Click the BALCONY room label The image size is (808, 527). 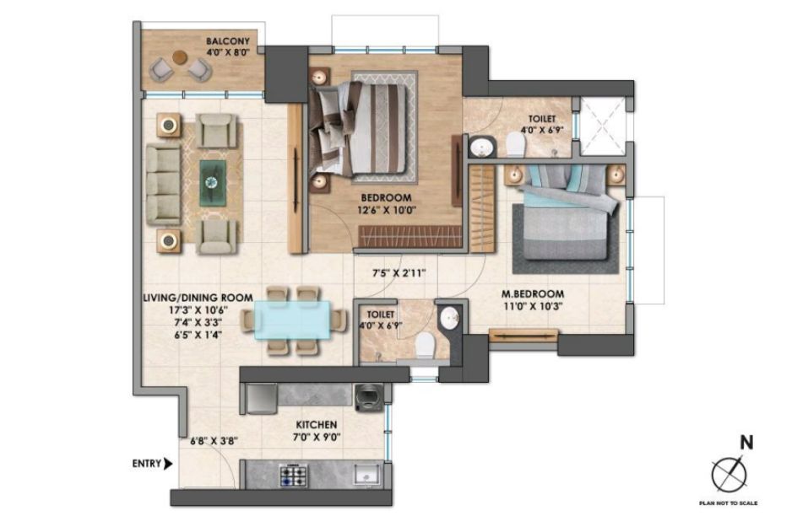pyautogui.click(x=228, y=41)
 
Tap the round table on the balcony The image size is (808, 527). pyautogui.click(x=179, y=57)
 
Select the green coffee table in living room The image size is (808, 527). pyautogui.click(x=212, y=181)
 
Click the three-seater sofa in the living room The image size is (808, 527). pyautogui.click(x=163, y=185)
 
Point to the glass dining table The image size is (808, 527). pyautogui.click(x=293, y=320)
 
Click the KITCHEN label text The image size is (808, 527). pyautogui.click(x=317, y=425)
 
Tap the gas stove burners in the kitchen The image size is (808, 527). pyautogui.click(x=294, y=475)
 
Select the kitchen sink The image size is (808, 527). pyautogui.click(x=366, y=475)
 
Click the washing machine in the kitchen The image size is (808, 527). pyautogui.click(x=369, y=398)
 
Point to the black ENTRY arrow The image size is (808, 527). pyautogui.click(x=168, y=465)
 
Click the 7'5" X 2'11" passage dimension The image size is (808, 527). pyautogui.click(x=399, y=273)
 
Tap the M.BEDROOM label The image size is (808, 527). pyautogui.click(x=533, y=294)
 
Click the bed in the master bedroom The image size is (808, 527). pyautogui.click(x=566, y=216)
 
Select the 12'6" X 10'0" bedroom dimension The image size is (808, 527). pyautogui.click(x=387, y=210)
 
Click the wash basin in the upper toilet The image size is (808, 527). pyautogui.click(x=482, y=147)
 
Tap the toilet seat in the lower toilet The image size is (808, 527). pyautogui.click(x=426, y=344)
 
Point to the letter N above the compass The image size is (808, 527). pyautogui.click(x=746, y=444)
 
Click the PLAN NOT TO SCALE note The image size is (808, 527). pyautogui.click(x=728, y=503)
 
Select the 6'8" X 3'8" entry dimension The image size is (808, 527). pyautogui.click(x=214, y=441)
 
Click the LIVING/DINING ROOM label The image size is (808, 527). pyautogui.click(x=198, y=298)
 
